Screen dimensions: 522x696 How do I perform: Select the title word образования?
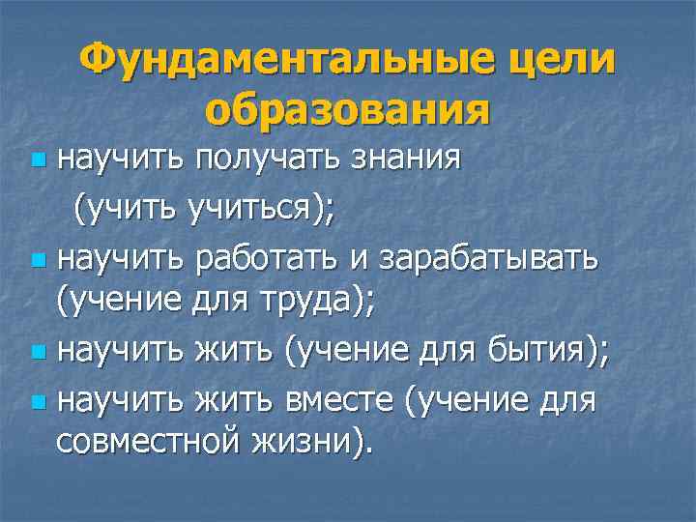[347, 111]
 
